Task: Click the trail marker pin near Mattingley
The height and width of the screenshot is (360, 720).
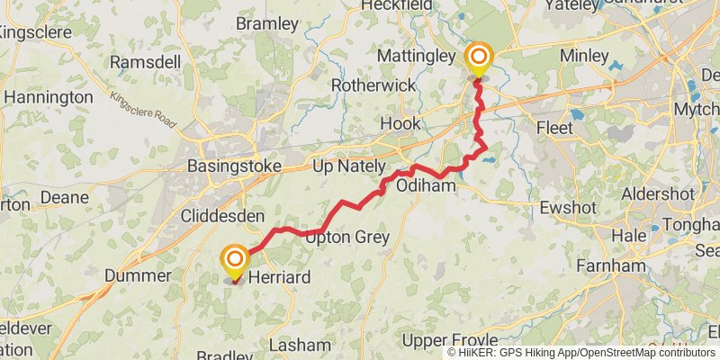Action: click(478, 60)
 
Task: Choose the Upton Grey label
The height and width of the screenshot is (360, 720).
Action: click(347, 238)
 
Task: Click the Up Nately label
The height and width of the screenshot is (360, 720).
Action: click(347, 167)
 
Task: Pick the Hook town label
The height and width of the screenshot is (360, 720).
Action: click(400, 123)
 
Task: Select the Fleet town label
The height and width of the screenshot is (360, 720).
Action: click(554, 129)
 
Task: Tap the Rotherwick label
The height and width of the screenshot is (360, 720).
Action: click(373, 85)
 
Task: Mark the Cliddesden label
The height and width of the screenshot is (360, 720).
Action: click(222, 217)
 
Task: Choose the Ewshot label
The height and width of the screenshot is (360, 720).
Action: click(569, 208)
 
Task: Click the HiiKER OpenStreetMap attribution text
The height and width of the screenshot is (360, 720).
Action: click(583, 352)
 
